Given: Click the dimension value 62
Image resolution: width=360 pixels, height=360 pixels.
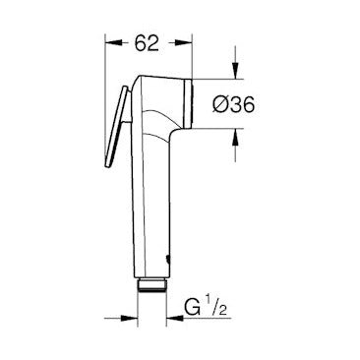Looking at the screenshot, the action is [x=147, y=42].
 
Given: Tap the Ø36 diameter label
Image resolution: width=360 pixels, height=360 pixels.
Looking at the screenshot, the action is [x=233, y=105].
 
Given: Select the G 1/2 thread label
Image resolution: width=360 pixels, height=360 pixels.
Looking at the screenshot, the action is [x=206, y=306].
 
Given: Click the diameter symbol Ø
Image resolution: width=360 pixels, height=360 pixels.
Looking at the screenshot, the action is [x=220, y=105].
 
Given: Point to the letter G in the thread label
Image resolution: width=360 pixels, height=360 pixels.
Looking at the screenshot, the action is [x=192, y=307].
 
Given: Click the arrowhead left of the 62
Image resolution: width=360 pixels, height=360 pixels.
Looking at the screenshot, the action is [x=113, y=43].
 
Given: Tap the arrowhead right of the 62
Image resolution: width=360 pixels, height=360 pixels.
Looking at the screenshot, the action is [x=184, y=43].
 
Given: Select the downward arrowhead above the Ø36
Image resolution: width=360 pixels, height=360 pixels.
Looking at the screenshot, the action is [x=235, y=71].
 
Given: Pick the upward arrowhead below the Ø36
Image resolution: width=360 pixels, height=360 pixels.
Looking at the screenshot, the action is [x=235, y=137].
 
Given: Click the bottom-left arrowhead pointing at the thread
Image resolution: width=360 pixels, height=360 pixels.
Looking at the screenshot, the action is [x=129, y=318].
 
